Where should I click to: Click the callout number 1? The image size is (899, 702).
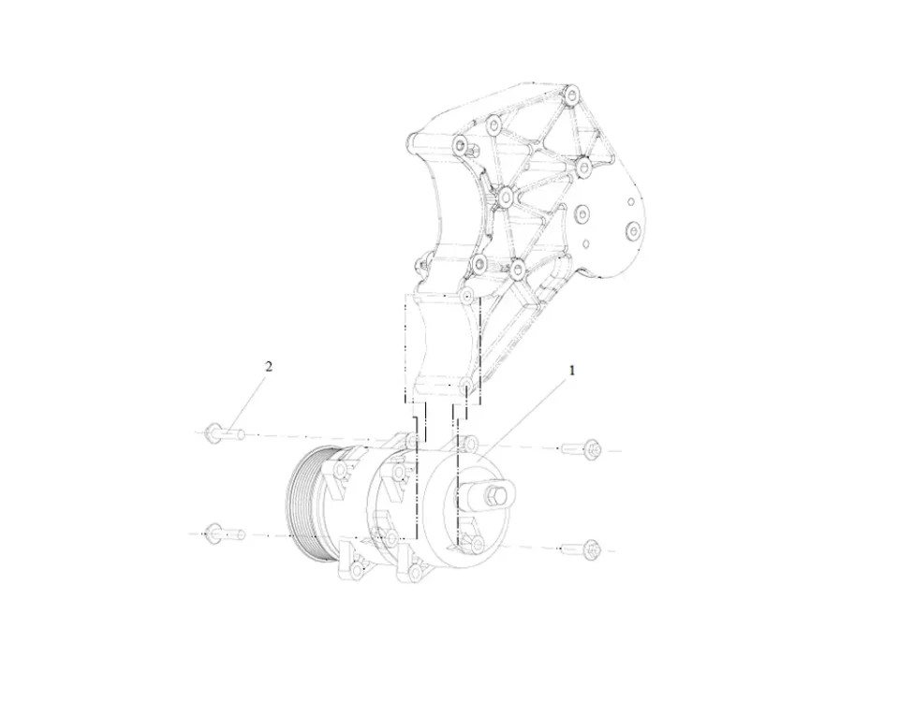point(571,371)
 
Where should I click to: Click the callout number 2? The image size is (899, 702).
point(269,366)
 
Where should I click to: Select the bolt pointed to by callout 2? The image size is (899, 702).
point(225,432)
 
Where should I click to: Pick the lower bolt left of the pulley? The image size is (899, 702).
point(225,534)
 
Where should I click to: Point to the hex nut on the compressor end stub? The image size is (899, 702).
point(495,494)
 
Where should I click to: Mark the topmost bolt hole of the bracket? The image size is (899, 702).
point(570,95)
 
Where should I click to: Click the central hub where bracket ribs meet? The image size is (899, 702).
point(505,197)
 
